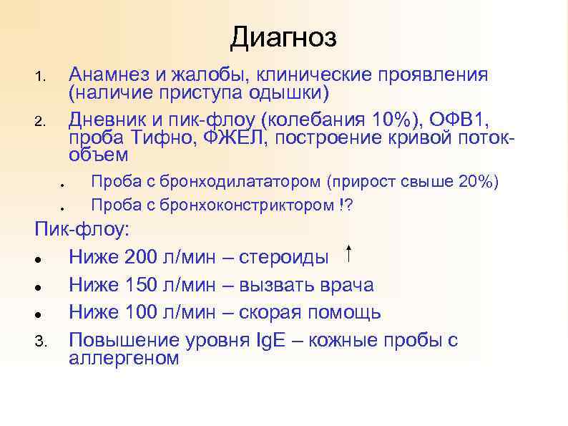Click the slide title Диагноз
point(283,37)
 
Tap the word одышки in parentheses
point(288,93)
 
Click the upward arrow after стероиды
point(348,253)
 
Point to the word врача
point(346,285)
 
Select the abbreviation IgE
point(273,340)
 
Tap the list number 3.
point(40,342)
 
